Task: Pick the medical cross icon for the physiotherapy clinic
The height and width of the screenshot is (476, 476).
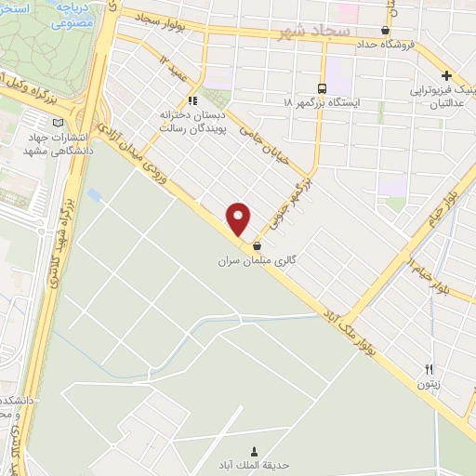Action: click(447, 76)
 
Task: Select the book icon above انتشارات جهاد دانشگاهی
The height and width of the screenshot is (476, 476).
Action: click(59, 122)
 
